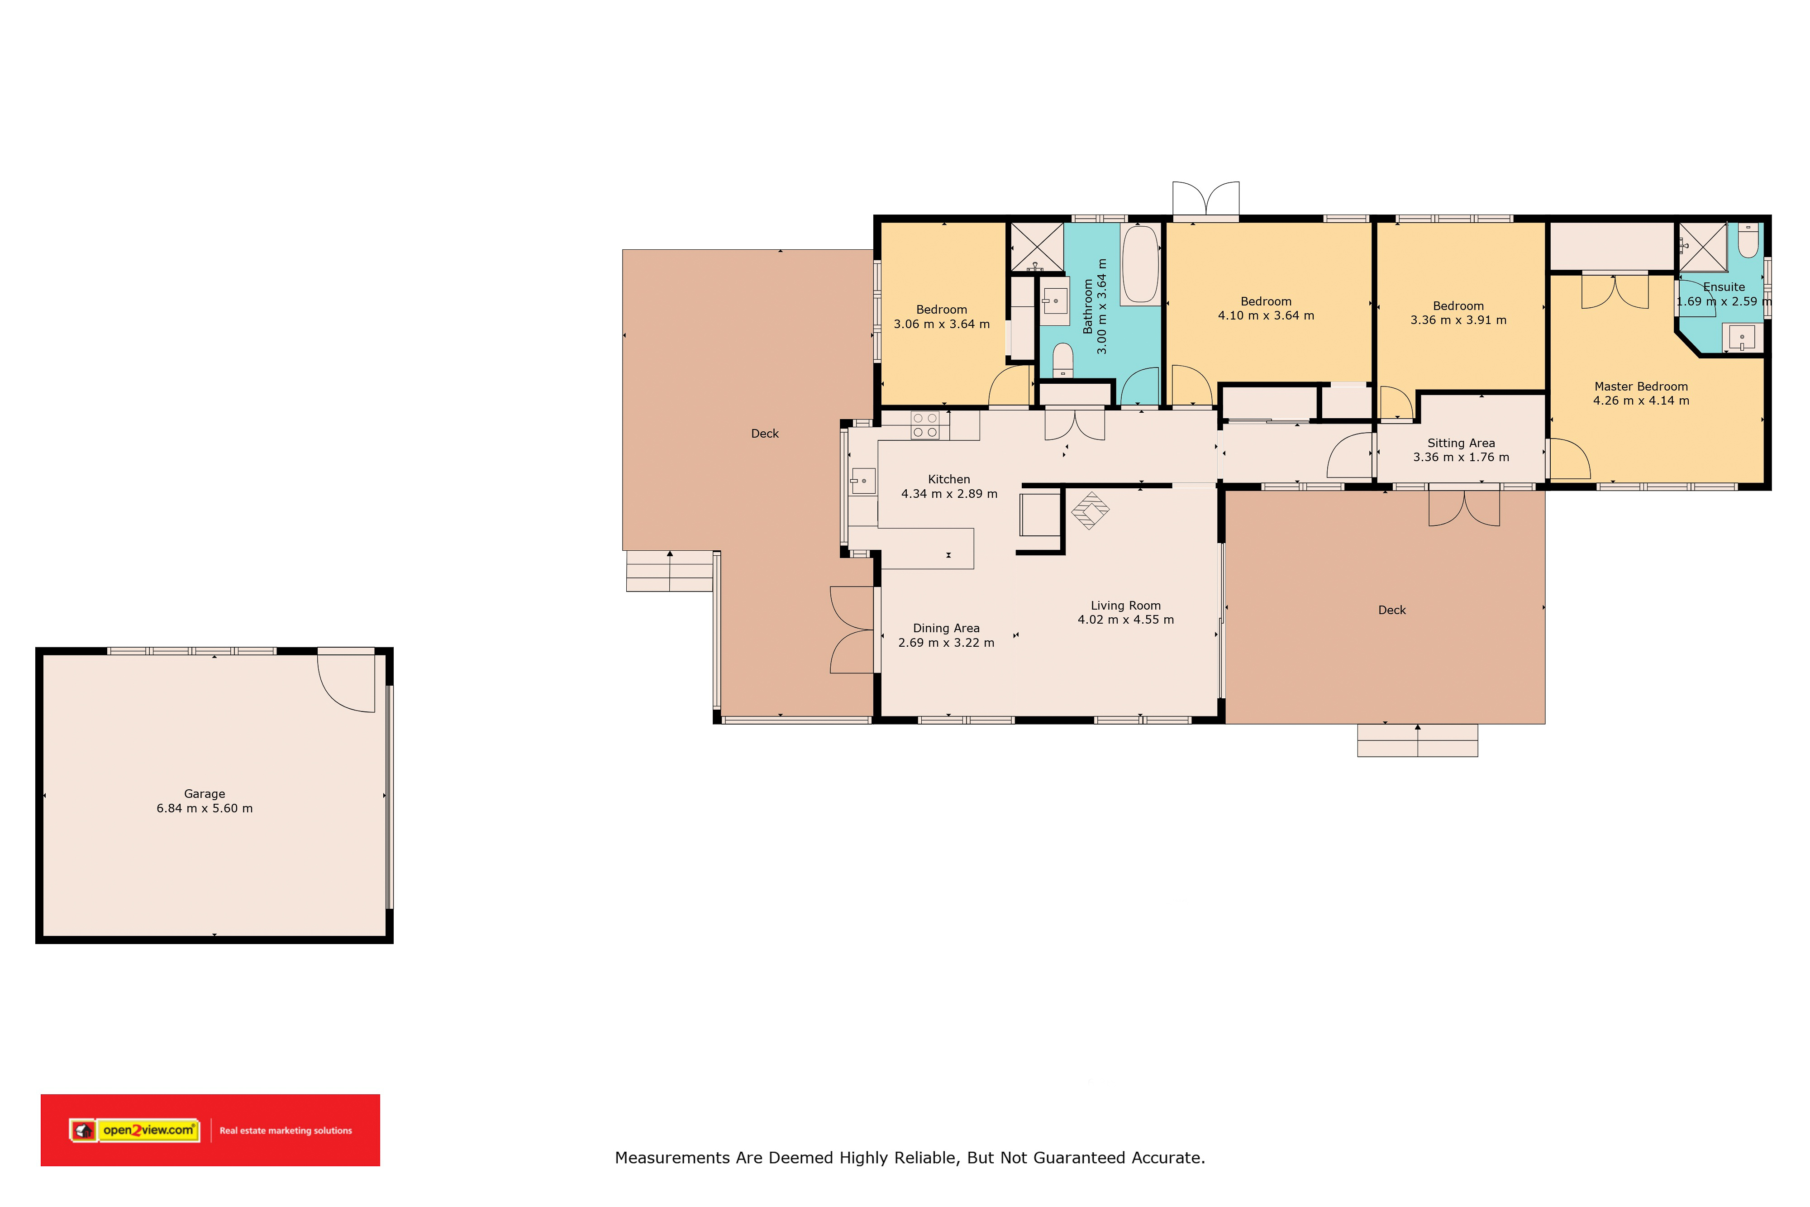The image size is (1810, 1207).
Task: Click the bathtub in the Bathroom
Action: click(x=1140, y=264)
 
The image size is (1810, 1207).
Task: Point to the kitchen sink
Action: click(x=862, y=481)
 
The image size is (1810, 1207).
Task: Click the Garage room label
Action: click(x=205, y=794)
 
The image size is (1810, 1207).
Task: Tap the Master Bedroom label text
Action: click(x=1641, y=386)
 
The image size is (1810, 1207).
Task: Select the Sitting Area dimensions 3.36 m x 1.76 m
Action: click(x=1461, y=457)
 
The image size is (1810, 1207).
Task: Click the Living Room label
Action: click(x=1125, y=606)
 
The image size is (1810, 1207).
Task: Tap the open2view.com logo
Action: click(x=135, y=1130)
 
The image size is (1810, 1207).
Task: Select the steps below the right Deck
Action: click(x=1418, y=740)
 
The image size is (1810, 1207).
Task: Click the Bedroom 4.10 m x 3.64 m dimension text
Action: click(x=1266, y=315)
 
